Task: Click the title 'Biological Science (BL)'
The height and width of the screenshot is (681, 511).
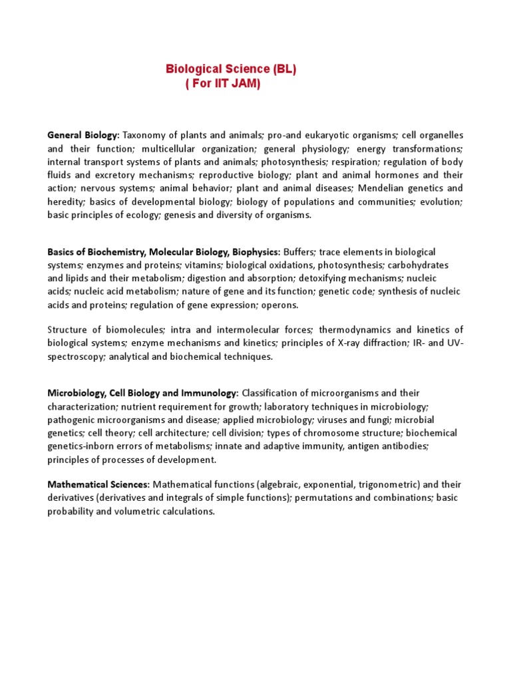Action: pyautogui.click(x=231, y=69)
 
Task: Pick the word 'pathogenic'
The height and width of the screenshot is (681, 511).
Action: pyautogui.click(x=71, y=420)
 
